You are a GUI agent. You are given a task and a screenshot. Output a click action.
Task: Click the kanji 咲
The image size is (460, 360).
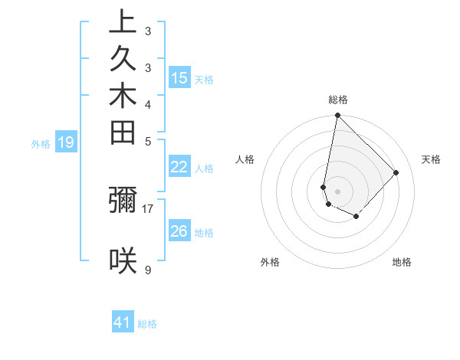click(x=122, y=260)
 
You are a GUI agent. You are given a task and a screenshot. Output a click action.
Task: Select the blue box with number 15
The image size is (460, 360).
click(x=179, y=77)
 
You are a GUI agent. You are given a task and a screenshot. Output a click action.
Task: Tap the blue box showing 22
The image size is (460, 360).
click(x=179, y=167)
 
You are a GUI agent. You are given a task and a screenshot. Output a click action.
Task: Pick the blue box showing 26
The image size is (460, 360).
click(x=179, y=231)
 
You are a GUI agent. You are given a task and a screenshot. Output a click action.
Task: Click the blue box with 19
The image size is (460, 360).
click(x=66, y=142)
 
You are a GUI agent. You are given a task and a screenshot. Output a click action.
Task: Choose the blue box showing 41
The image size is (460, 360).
click(x=123, y=322)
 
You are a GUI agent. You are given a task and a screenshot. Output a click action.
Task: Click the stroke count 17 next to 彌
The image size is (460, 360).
click(x=147, y=208)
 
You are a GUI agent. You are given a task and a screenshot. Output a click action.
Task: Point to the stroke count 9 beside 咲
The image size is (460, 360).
click(x=147, y=270)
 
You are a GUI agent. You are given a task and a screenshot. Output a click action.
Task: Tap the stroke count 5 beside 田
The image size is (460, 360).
click(x=147, y=141)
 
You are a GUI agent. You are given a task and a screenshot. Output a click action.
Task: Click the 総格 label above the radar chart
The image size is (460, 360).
click(x=337, y=100)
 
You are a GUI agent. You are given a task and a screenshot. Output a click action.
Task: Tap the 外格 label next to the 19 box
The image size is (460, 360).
click(x=41, y=142)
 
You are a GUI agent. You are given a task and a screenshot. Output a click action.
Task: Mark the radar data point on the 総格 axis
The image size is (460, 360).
click(x=337, y=116)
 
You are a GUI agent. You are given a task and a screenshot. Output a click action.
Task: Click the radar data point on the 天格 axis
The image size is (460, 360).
click(x=396, y=172)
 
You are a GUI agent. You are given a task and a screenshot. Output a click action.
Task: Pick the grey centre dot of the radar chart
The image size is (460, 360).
click(x=337, y=191)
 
